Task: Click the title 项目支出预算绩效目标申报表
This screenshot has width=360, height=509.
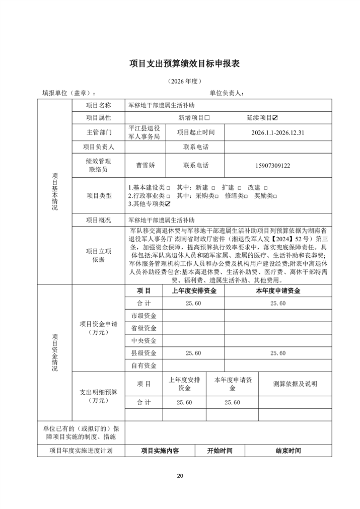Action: [184, 63]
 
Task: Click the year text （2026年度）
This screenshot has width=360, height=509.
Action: [184, 81]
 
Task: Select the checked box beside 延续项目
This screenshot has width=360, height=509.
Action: [275, 118]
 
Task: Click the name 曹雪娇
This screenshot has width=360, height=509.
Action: [143, 165]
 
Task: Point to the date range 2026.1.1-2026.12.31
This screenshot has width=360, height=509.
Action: [277, 133]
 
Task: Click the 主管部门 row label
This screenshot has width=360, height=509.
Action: [98, 133]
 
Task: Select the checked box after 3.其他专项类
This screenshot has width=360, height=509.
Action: [168, 203]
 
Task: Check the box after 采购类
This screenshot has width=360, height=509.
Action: [217, 195]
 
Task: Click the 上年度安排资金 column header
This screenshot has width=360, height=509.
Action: [194, 291]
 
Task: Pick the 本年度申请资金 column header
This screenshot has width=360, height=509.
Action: [278, 291]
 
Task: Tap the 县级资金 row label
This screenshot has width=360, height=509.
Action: [143, 353]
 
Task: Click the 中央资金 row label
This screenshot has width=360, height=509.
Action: [143, 341]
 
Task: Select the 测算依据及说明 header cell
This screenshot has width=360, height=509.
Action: [295, 384]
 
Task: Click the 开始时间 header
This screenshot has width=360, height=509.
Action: [220, 451]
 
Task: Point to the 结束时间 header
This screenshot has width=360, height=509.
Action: [288, 451]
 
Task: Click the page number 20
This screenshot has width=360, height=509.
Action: [180, 476]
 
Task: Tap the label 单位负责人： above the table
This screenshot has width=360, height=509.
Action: [227, 93]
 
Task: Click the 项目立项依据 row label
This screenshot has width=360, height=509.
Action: [98, 255]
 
